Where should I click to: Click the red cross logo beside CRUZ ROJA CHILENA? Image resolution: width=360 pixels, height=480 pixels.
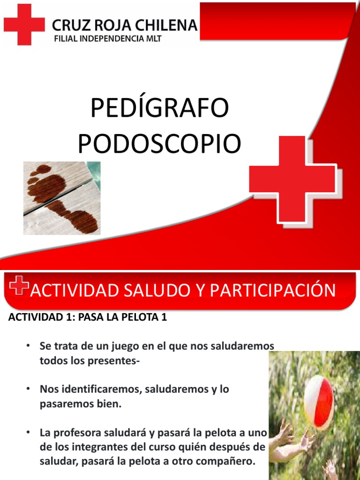coord(24,24)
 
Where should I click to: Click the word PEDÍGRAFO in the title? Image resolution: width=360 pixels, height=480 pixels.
coord(159,108)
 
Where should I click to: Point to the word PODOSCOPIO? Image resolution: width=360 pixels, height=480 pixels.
coord(159,143)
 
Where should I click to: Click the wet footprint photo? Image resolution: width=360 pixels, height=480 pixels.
coord(62,198)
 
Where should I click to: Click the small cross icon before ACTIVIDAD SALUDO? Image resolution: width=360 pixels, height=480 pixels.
coord(19,285)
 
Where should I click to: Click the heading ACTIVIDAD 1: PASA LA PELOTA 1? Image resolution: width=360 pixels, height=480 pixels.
coord(88,317)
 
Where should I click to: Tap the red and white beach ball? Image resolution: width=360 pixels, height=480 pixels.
coord(319,403)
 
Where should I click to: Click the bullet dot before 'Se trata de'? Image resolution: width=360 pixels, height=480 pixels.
coord(29,346)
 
